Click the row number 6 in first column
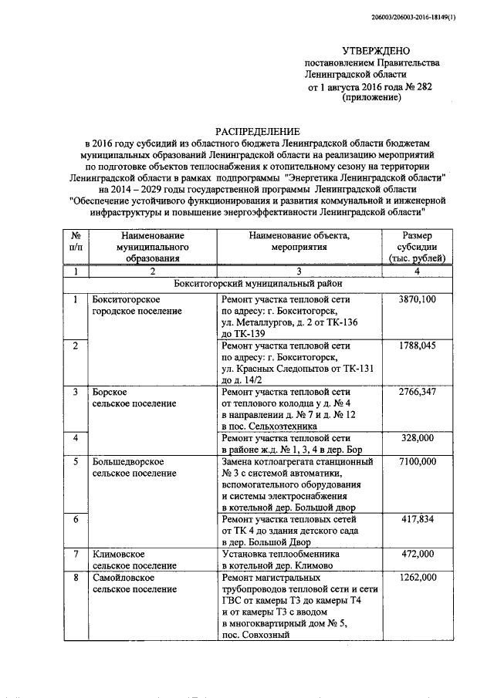click(x=76, y=520)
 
